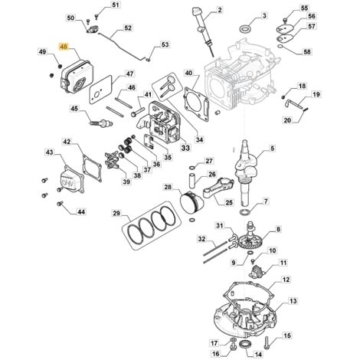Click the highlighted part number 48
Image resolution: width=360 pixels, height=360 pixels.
(x=64, y=47)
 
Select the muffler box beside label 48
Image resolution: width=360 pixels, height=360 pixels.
(x=77, y=77)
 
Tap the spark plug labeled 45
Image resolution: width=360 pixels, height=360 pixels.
(x=101, y=123)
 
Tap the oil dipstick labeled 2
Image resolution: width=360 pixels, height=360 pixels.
(x=204, y=31)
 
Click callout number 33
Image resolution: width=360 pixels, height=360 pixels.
(x=185, y=148)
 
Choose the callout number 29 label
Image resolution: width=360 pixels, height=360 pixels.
(x=116, y=213)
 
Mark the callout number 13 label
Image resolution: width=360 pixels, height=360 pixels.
(x=293, y=301)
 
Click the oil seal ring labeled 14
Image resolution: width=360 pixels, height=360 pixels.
(x=246, y=344)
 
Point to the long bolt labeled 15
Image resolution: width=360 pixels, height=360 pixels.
(x=267, y=342)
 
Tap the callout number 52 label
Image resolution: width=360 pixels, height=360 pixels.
(x=128, y=28)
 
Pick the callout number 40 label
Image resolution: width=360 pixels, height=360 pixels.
(x=188, y=74)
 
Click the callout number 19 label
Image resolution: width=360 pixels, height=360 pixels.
(x=316, y=94)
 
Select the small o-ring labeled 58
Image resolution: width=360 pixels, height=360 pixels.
(x=280, y=47)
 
